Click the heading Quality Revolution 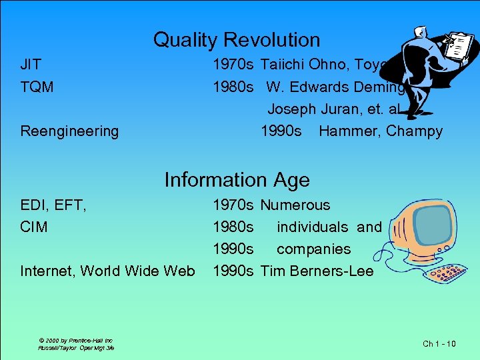click(x=237, y=40)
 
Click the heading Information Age click(x=237, y=180)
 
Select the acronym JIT click(x=31, y=65)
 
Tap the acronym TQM click(x=37, y=87)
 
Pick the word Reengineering click(x=69, y=131)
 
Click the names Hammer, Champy click(x=381, y=131)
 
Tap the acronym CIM click(x=34, y=227)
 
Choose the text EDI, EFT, click(x=53, y=205)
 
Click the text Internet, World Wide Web click(x=107, y=271)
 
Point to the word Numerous click(x=295, y=205)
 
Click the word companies click(x=313, y=249)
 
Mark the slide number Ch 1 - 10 click(x=439, y=344)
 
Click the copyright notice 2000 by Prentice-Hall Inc click(x=75, y=340)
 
